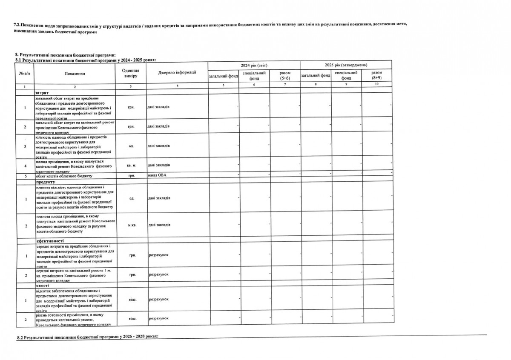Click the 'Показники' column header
pos(75,74)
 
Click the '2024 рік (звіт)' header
pos(254,65)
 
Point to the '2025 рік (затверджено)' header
pos(346,65)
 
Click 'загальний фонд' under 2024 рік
pos(223,77)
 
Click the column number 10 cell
pos(376,86)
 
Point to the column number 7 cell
pos(285,86)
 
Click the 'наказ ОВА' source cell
pos(157,175)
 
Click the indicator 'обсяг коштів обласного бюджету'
pos(64,175)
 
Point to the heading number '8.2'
pos(20,337)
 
